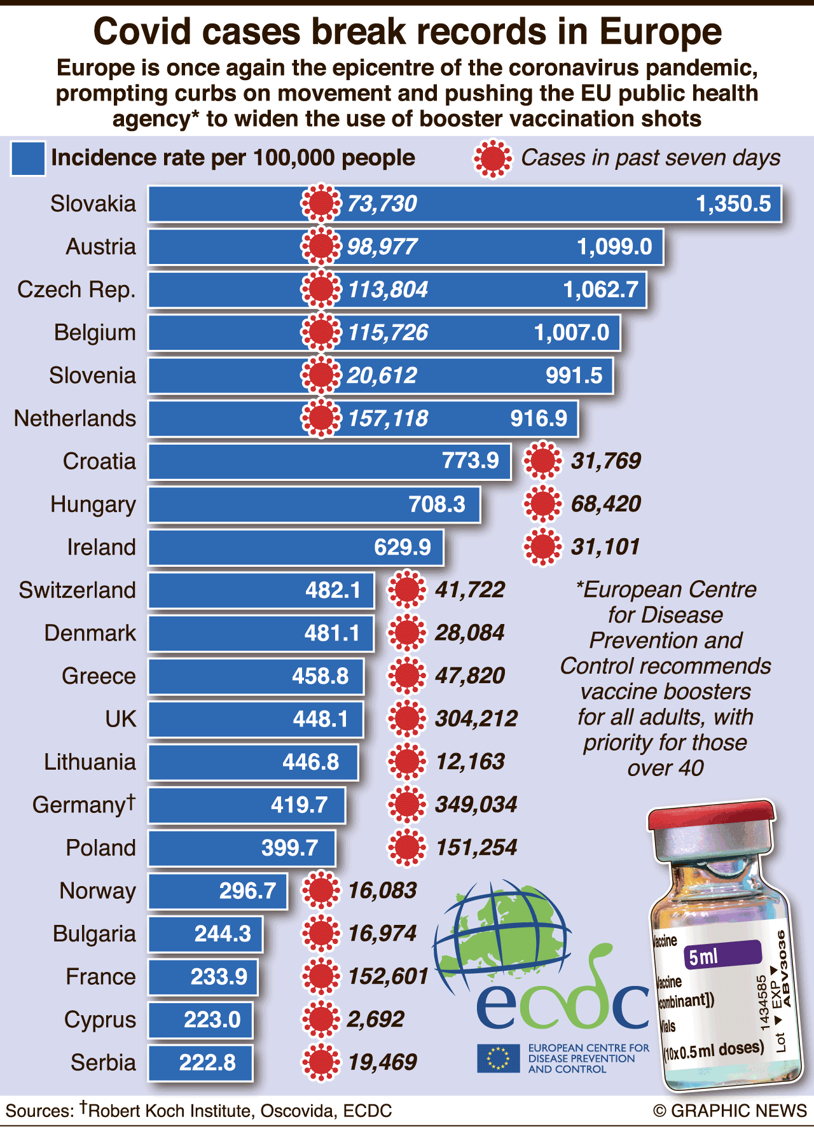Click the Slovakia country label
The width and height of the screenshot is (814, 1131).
coord(93,204)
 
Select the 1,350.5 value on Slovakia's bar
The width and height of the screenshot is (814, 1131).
coord(733,204)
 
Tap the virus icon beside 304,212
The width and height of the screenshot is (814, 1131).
coord(406,719)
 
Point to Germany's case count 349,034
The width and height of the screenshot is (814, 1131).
coord(476,805)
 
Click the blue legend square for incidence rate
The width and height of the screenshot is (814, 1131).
coord(28,158)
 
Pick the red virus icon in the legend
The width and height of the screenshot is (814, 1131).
coord(493,158)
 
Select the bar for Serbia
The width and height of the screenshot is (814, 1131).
coord(200,1063)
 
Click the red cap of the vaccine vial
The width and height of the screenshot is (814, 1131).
coord(711,818)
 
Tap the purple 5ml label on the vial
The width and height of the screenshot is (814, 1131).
coord(722,954)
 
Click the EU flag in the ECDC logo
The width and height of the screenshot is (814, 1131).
coord(499,1058)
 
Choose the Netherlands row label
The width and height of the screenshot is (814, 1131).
coord(75,419)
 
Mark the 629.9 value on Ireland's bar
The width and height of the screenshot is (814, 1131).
coord(402,548)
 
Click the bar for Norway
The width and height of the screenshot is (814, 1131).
coord(217,891)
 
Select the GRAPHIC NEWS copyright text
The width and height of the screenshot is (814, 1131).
coord(730,1111)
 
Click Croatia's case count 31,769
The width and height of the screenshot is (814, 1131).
coord(605,461)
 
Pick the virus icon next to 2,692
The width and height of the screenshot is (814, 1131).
coord(321,1020)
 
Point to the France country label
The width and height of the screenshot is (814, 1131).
coord(100,977)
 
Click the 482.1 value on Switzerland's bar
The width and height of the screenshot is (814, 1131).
coord(333,590)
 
